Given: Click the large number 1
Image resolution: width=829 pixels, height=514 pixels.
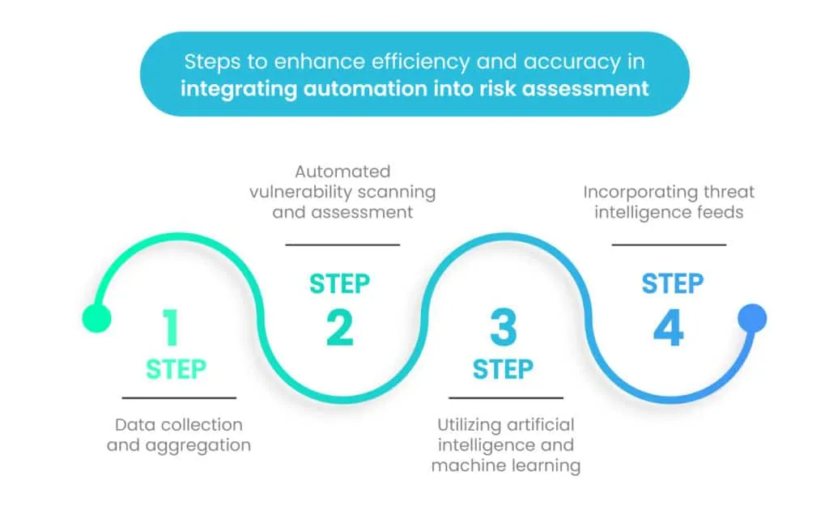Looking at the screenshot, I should pyautogui.click(x=171, y=327).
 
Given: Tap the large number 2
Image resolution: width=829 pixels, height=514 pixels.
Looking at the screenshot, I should pyautogui.click(x=340, y=327).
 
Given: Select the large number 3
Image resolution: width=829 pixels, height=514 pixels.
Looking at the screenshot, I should pyautogui.click(x=503, y=327).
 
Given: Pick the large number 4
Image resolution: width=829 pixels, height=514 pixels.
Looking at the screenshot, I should pyautogui.click(x=669, y=327).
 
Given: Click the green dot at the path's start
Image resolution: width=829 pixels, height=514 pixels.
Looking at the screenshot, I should pyautogui.click(x=96, y=318).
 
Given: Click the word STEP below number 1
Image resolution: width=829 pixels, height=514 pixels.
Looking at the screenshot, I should pyautogui.click(x=176, y=370).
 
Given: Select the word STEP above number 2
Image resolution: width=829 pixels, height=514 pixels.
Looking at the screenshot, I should pyautogui.click(x=339, y=284).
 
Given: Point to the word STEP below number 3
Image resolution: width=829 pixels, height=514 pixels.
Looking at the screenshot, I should pyautogui.click(x=503, y=370).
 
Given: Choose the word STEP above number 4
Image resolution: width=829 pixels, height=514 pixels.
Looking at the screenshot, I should pyautogui.click(x=672, y=284).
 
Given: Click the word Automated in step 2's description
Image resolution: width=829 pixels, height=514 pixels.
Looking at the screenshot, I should pyautogui.click(x=342, y=172).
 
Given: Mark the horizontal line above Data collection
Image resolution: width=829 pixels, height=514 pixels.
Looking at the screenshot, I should pyautogui.click(x=179, y=397).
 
